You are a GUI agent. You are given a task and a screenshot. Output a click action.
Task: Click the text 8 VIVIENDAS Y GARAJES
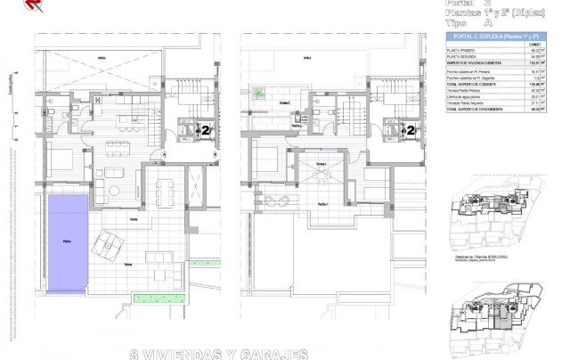[219, 352]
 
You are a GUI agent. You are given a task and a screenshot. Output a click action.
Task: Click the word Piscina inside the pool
[56, 241]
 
